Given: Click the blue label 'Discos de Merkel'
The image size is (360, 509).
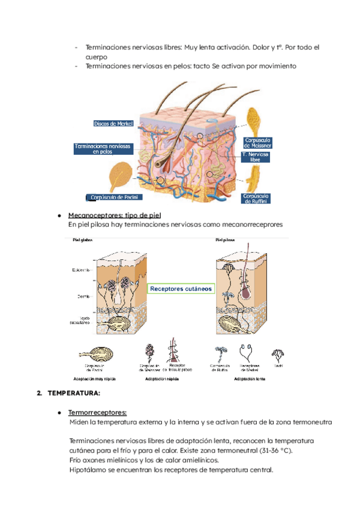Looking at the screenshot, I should point(113,124).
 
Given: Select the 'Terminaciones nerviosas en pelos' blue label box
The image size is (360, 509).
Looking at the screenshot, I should point(102,149).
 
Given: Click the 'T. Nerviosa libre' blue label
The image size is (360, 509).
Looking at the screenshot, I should point(256,158).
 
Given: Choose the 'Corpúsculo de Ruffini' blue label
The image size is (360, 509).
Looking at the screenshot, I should point(256,199).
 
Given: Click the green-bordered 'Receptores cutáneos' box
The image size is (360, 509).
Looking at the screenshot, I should point(181,289).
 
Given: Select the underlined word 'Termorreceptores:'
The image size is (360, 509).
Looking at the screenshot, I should point(97,413).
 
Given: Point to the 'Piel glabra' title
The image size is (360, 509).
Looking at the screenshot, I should point(83,240).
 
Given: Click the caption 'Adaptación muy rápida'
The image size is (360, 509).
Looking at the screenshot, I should point(94,380).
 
